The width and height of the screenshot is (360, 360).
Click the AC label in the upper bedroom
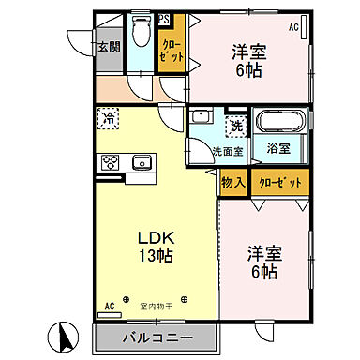293,27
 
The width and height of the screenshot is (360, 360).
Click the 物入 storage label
232,182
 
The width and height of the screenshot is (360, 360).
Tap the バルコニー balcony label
155,337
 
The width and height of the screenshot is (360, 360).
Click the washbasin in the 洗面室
202,121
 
